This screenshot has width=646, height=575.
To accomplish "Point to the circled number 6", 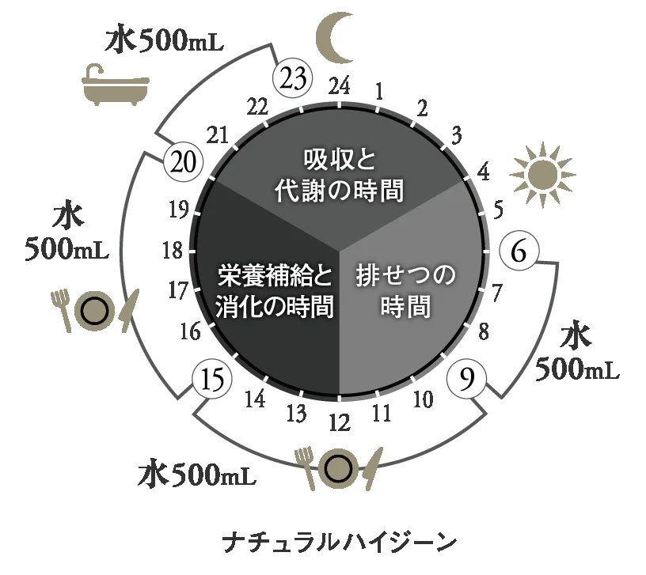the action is (x=519, y=251).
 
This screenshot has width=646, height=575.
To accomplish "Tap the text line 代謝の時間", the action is (x=340, y=191).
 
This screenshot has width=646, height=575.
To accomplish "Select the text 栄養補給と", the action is (x=274, y=277).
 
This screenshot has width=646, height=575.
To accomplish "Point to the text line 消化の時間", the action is (x=273, y=307).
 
